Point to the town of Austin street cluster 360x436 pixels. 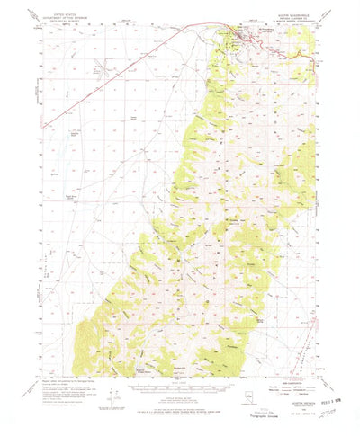point(241,36)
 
